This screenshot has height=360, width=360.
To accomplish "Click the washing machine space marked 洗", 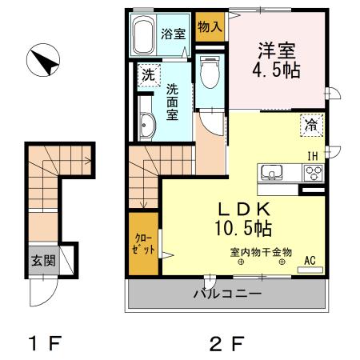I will point(148,76).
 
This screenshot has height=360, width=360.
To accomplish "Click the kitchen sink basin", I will point(270,172).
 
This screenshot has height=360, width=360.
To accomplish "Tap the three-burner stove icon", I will point(312,172).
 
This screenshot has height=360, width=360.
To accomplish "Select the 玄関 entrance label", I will point(43,260).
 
